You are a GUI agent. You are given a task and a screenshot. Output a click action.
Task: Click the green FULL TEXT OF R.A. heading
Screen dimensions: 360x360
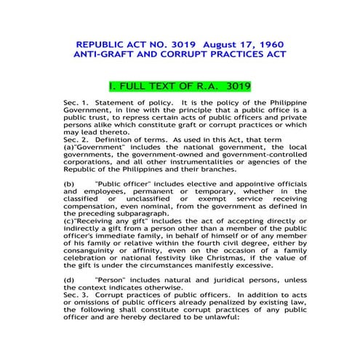point(179,85)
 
